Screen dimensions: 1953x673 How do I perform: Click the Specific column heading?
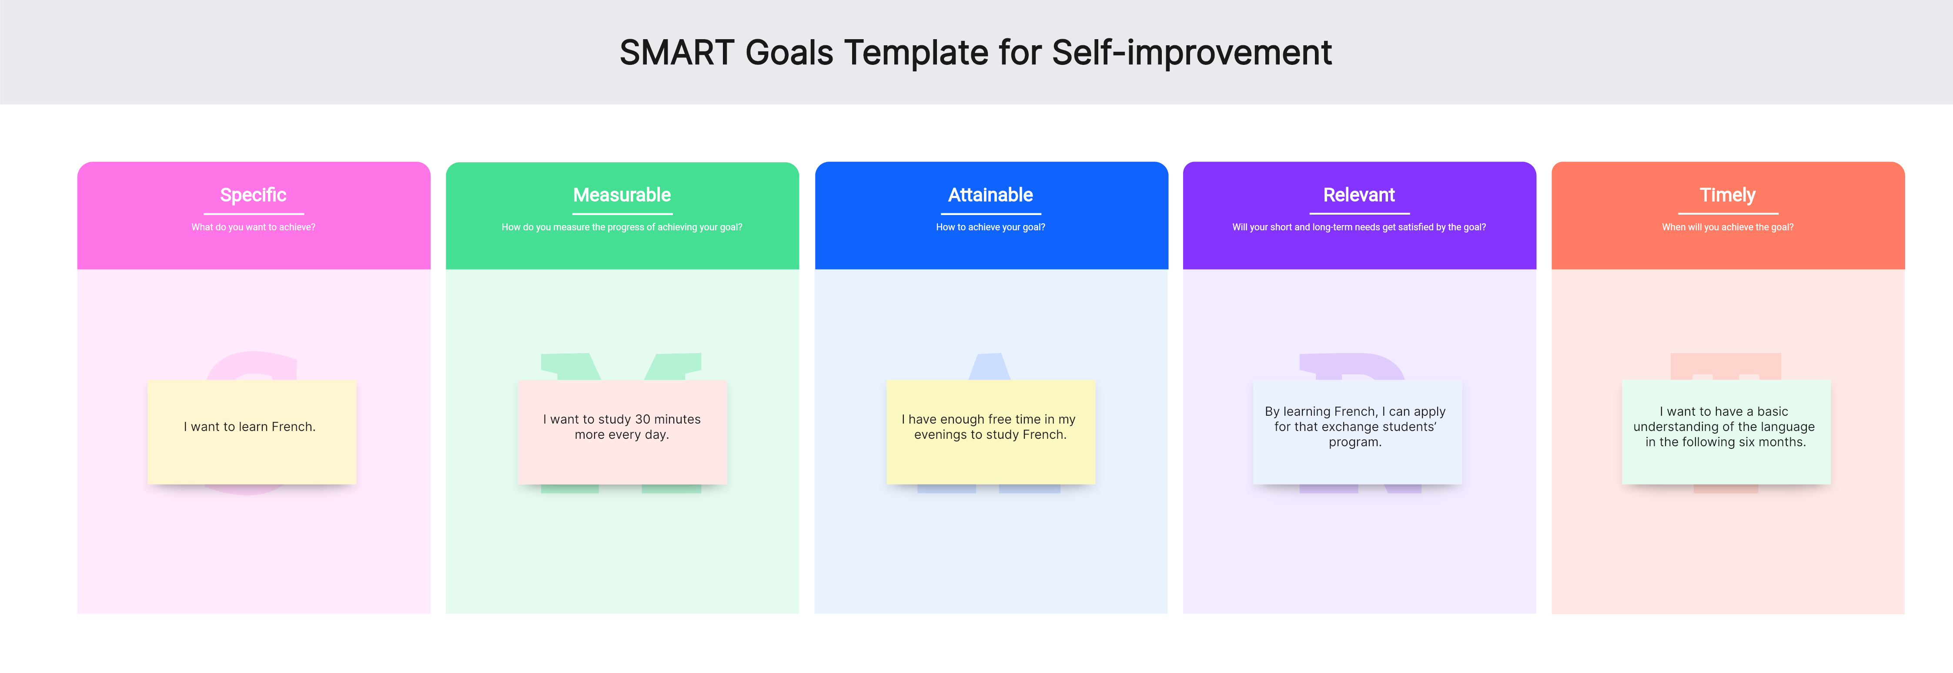pyautogui.click(x=253, y=195)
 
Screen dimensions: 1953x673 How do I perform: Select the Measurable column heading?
pyautogui.click(x=622, y=195)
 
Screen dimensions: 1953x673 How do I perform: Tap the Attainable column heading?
pyautogui.click(x=990, y=195)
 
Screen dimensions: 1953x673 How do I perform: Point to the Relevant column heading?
pyautogui.click(x=1358, y=195)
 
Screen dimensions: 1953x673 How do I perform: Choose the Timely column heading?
pyautogui.click(x=1727, y=195)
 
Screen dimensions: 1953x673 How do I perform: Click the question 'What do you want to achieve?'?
pyautogui.click(x=253, y=227)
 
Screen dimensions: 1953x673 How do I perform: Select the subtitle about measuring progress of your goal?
pyautogui.click(x=622, y=227)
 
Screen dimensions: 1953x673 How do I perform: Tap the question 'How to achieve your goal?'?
pyautogui.click(x=990, y=227)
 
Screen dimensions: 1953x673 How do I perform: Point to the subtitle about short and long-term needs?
pyautogui.click(x=1358, y=227)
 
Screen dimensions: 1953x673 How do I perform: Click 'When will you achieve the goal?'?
pyautogui.click(x=1727, y=227)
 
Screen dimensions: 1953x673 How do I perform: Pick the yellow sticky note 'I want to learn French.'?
pyautogui.click(x=252, y=432)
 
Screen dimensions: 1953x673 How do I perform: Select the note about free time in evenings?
pyautogui.click(x=990, y=432)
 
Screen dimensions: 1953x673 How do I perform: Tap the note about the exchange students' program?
pyautogui.click(x=1357, y=432)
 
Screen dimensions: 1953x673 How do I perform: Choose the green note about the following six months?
pyautogui.click(x=1726, y=432)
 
